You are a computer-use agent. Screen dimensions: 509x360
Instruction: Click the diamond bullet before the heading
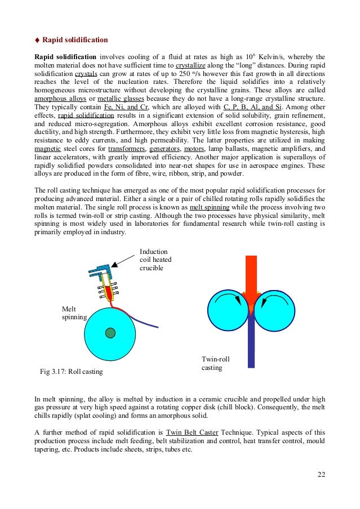pyautogui.click(x=38, y=41)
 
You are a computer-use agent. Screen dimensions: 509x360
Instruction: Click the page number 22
pyautogui.click(x=321, y=474)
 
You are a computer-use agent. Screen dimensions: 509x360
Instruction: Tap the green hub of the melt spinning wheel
pyautogui.click(x=110, y=333)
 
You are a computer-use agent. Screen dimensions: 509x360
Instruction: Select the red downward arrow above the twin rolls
pyautogui.click(x=251, y=276)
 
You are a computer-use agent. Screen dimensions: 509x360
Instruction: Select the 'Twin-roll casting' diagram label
pyautogui.click(x=216, y=363)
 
